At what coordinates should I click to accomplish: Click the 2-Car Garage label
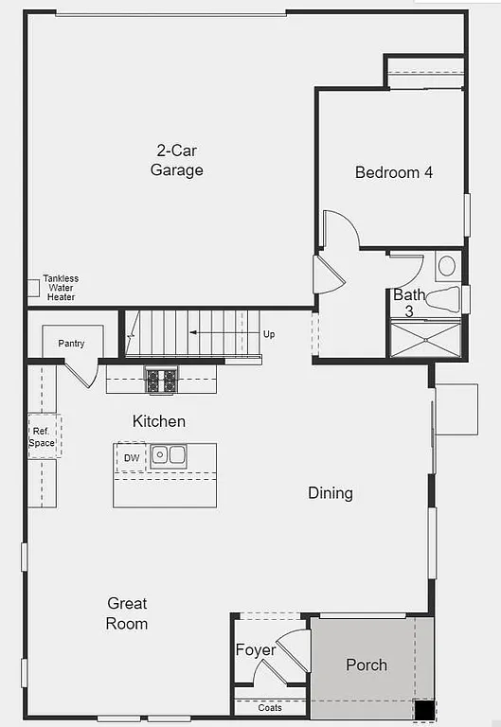176,160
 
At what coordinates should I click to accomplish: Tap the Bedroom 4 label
394,172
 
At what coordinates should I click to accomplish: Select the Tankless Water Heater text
62,288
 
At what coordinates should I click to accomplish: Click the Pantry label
71,344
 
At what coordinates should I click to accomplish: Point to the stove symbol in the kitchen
161,381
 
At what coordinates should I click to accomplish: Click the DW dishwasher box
131,458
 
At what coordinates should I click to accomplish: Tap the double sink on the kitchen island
170,455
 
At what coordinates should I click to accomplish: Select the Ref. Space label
42,437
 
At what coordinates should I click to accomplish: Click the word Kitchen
159,421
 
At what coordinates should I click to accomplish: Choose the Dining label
331,493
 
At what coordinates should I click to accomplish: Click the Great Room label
127,613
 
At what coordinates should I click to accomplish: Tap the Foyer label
256,650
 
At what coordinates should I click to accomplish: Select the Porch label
366,665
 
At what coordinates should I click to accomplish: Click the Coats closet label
270,707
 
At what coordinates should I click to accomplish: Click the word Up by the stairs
269,334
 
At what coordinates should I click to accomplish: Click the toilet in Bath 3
443,299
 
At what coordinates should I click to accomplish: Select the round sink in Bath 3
447,265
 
